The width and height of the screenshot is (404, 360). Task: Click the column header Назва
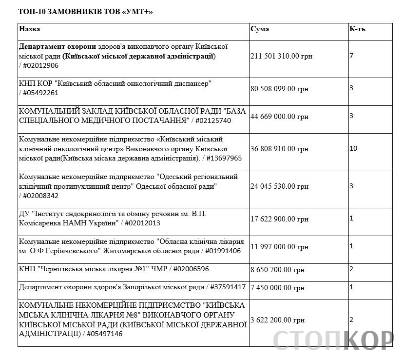pos(30,29)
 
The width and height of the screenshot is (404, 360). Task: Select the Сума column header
pos(259,29)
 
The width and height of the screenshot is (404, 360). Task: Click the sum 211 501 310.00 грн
pos(281,57)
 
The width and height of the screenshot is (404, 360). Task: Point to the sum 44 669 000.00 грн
pos(279,117)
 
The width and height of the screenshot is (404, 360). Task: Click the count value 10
pos(353,148)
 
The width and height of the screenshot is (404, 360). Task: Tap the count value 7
pos(351,56)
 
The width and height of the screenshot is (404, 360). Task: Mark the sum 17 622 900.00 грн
pos(279,220)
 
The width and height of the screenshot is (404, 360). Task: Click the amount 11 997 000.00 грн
pos(279,247)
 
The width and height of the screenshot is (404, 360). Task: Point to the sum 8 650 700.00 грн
pos(277,269)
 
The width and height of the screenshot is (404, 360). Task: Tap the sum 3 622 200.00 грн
pos(277,320)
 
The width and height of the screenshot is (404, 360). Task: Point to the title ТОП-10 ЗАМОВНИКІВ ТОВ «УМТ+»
pos(85,11)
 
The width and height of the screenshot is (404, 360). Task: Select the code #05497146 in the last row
pos(104,334)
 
